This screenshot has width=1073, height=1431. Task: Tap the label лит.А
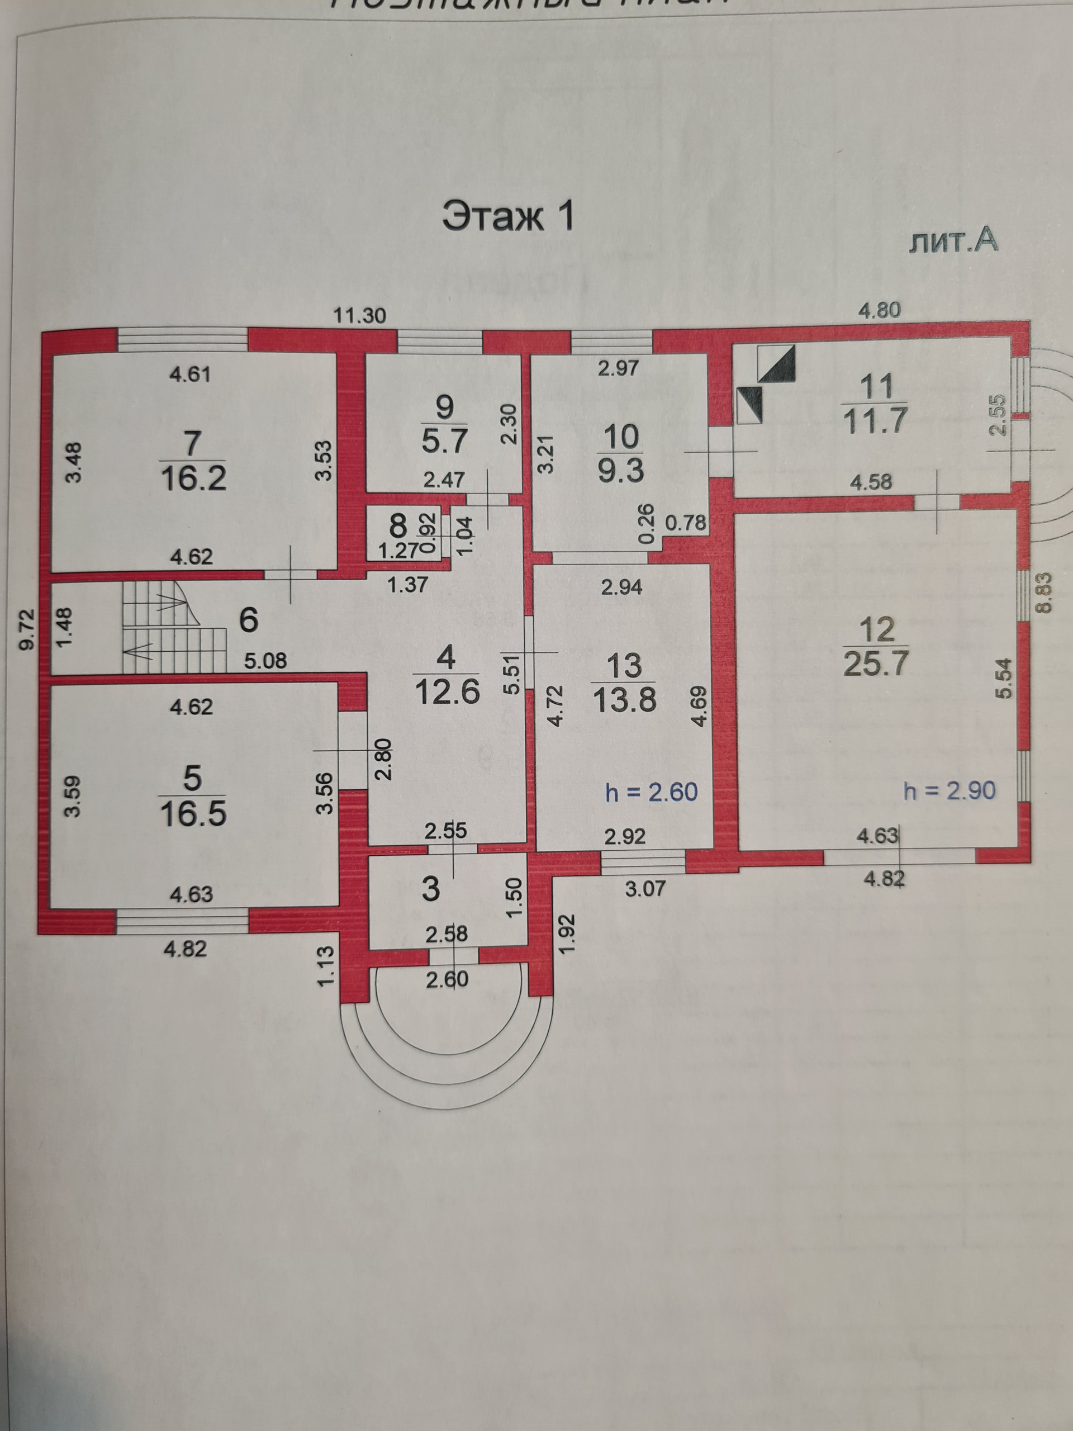pos(953,241)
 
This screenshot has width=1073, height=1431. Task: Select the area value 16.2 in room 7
pos(193,478)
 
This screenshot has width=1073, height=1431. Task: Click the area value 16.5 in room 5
pos(193,814)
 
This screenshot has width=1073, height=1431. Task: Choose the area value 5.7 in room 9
pos(445,441)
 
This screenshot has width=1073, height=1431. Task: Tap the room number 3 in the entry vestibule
pos(431,889)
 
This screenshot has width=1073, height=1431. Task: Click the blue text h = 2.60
pos(651,792)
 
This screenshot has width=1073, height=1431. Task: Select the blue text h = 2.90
pos(949,790)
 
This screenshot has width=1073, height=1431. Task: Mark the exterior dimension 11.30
pos(359,316)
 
